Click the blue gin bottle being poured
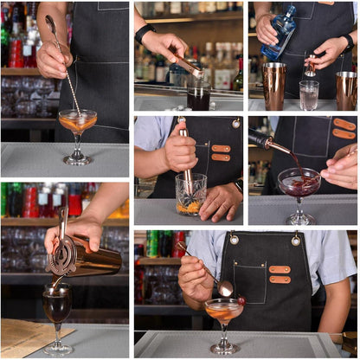[x=283, y=32]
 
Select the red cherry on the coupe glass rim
[x=241, y=300]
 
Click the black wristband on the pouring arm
[x=145, y=32]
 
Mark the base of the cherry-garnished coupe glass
[x=224, y=349]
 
